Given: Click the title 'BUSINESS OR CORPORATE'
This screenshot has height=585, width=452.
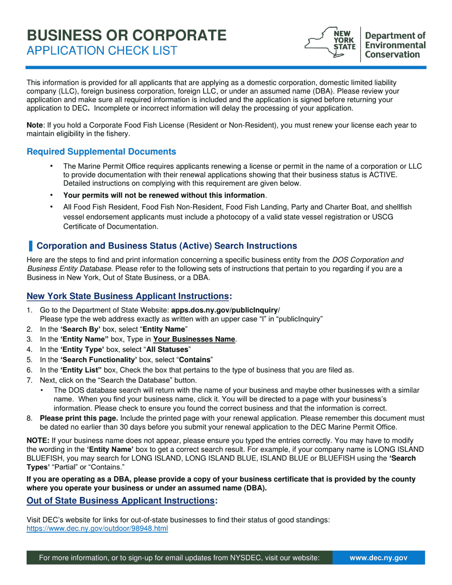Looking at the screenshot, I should click(x=127, y=35).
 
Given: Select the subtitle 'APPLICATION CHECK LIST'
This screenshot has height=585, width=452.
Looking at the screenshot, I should click(x=102, y=51).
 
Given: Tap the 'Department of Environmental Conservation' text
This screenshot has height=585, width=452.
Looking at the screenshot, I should click(x=395, y=45).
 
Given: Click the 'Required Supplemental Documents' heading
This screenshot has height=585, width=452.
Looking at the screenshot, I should click(x=101, y=152).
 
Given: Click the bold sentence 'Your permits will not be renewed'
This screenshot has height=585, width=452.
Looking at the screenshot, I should click(x=164, y=195).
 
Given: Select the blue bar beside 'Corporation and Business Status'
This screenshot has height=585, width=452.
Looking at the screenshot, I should click(x=31, y=246).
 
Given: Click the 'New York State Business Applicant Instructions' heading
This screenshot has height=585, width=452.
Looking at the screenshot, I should click(x=128, y=296).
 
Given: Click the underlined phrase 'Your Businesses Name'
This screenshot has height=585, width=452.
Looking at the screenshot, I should click(x=194, y=340).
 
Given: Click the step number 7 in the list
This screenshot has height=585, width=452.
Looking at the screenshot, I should click(x=29, y=380).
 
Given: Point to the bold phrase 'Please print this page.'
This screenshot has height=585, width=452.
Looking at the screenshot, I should click(x=79, y=419).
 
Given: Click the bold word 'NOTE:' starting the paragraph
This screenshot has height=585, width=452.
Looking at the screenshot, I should click(x=38, y=441).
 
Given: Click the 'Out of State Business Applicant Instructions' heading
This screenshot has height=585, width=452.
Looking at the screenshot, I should click(x=121, y=501).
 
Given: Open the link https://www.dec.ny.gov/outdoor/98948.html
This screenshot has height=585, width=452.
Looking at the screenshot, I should click(x=97, y=529).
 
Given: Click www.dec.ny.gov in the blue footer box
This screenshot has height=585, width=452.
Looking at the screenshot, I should click(x=378, y=558).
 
